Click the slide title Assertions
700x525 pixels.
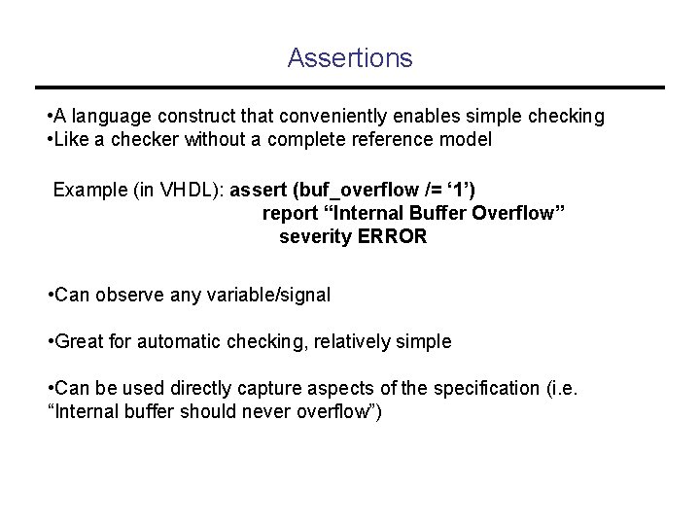[x=350, y=58]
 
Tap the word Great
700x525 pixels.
[x=80, y=341]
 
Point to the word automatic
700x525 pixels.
[x=168, y=341]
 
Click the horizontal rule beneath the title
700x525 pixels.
[x=350, y=86]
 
